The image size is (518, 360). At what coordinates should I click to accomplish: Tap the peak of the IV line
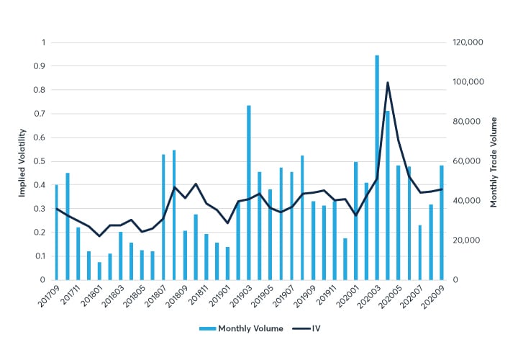[388, 83]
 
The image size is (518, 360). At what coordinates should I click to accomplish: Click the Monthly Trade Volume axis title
[494, 161]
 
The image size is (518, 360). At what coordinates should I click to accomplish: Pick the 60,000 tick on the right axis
[467, 161]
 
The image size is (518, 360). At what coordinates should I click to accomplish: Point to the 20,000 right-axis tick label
[467, 240]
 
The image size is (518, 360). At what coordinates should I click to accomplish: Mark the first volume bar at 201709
[57, 232]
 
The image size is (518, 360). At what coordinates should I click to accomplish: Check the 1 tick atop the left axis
[42, 42]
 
